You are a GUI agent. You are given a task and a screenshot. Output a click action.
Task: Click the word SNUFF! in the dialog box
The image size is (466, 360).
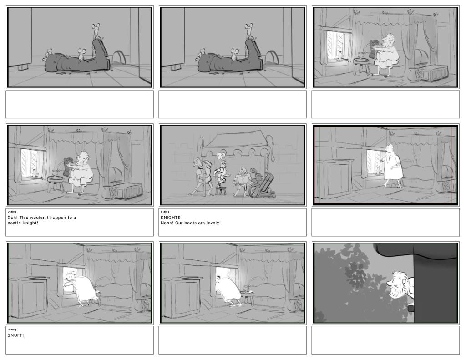pyautogui.click(x=15, y=335)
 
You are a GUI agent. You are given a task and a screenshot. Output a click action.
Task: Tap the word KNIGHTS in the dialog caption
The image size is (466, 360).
pyautogui.click(x=171, y=218)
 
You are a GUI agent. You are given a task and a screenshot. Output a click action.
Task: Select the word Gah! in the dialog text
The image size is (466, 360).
pyautogui.click(x=12, y=218)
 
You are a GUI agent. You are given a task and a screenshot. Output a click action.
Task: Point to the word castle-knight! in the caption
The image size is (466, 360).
pyautogui.click(x=23, y=223)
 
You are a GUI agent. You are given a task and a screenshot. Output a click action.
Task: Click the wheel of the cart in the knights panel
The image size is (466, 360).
pyautogui.click(x=255, y=192)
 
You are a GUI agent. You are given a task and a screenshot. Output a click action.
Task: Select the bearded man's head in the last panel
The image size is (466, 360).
pyautogui.click(x=399, y=284)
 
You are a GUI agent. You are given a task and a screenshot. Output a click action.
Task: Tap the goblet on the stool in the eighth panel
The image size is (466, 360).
pyautogui.click(x=246, y=289)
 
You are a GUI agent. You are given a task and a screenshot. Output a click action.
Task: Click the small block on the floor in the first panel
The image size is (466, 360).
pyautogui.click(x=22, y=67)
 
